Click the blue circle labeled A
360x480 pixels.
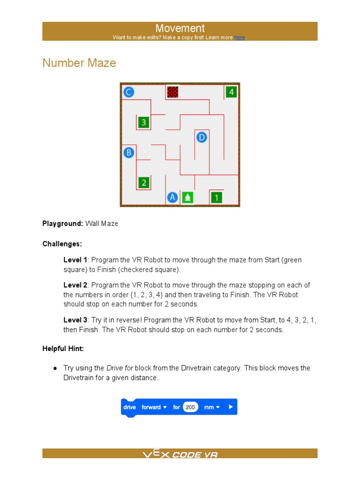(172, 197)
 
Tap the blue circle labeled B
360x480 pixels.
(129, 152)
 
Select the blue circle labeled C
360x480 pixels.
(129, 92)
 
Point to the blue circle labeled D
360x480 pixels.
(202, 137)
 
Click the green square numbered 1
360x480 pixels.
(216, 197)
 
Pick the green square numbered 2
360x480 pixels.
(143, 182)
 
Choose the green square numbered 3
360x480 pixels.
(143, 122)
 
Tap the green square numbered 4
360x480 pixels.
(231, 92)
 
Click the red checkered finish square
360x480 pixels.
(172, 91)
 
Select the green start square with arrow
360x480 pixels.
(187, 197)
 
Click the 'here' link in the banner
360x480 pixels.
(240, 37)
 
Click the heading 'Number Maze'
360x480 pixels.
(79, 63)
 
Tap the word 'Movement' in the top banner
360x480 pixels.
(180, 28)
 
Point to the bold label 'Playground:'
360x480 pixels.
(63, 224)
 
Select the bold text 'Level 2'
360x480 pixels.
(75, 285)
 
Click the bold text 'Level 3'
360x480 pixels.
(75, 320)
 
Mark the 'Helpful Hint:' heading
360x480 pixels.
(63, 348)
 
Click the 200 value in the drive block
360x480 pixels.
(190, 407)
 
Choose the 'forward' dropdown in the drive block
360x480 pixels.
(154, 407)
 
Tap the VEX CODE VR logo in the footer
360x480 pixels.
(180, 454)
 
